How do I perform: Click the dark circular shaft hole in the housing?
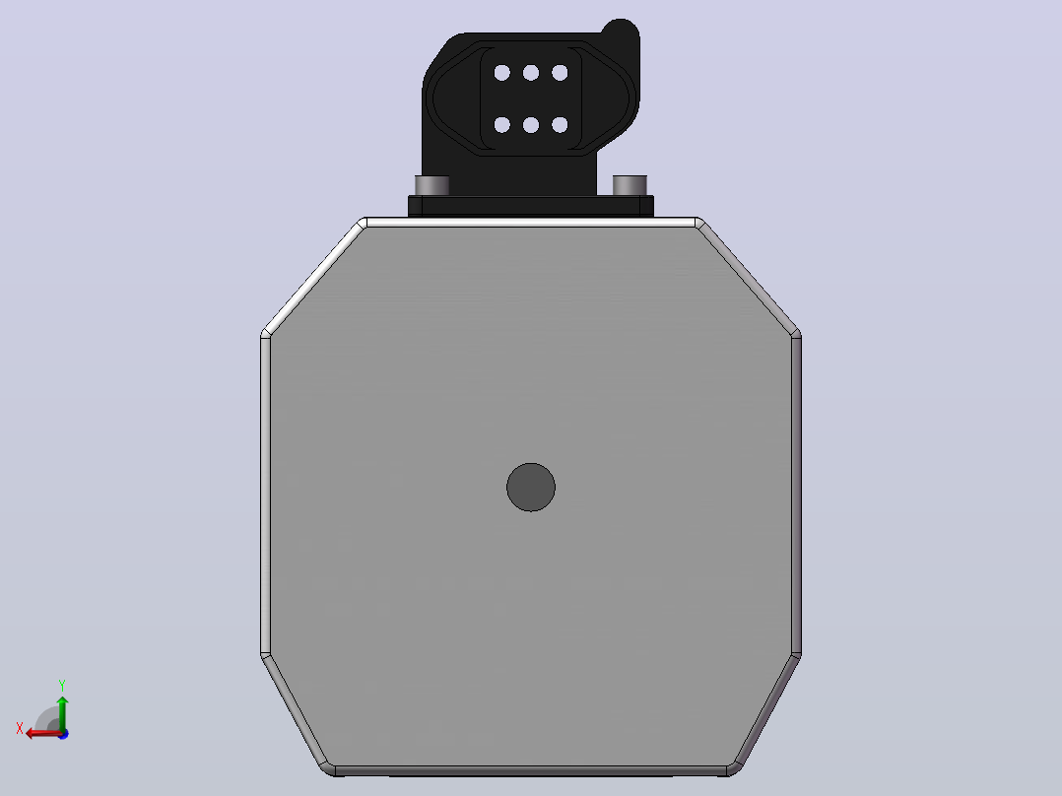point(531,487)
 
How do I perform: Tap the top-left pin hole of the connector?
point(501,73)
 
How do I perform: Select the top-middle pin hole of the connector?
point(531,73)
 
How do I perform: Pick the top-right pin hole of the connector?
point(560,73)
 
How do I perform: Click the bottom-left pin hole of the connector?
point(501,125)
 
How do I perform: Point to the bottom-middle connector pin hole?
point(531,125)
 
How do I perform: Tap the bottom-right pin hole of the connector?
point(560,125)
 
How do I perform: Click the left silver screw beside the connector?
point(432,185)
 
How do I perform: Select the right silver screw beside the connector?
point(630,185)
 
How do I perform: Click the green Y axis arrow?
point(62,713)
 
